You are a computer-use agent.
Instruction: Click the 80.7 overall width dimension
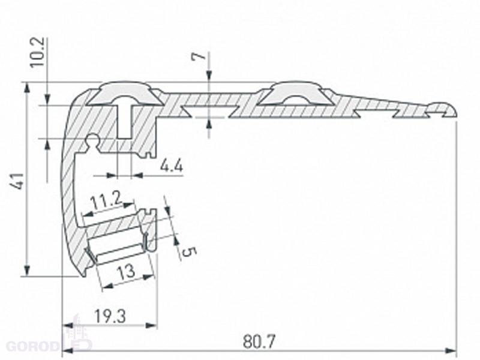(x=259, y=341)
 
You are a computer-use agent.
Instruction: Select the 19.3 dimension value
(x=110, y=316)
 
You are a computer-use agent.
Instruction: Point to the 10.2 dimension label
(x=38, y=52)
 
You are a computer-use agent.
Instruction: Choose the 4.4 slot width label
(x=172, y=166)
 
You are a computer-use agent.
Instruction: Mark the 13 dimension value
(x=126, y=271)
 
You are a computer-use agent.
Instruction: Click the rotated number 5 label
(x=188, y=252)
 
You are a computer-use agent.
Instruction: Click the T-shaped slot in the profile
(x=125, y=119)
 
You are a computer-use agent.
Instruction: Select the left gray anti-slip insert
(x=125, y=94)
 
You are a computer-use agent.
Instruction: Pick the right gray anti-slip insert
(x=295, y=93)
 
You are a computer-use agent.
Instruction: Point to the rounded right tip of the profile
(x=454, y=111)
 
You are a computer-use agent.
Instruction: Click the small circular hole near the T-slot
(x=92, y=140)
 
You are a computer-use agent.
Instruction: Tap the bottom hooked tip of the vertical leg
(x=83, y=275)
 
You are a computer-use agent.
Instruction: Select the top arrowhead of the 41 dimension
(x=27, y=87)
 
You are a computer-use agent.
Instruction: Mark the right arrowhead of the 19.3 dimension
(x=152, y=325)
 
